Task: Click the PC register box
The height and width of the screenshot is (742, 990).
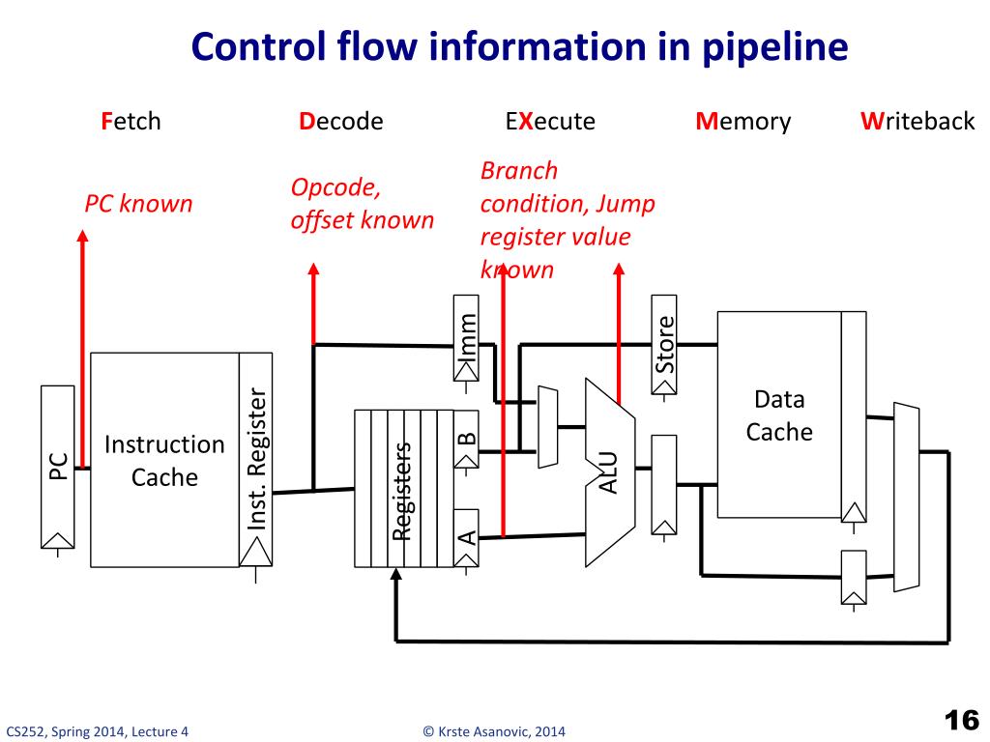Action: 57,467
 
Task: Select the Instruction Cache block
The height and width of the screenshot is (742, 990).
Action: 164,460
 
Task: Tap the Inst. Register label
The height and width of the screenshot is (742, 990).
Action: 256,459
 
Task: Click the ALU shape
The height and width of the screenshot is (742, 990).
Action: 609,471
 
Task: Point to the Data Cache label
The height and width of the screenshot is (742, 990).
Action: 779,415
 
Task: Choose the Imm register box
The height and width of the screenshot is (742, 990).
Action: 466,337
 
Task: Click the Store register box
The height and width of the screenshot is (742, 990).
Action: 663,345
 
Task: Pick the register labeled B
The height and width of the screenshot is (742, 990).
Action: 467,440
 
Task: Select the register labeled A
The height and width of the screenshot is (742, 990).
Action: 467,537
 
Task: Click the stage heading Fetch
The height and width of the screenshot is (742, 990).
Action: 131,121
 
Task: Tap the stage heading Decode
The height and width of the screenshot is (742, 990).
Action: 341,121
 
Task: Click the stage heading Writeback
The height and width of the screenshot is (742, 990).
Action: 917,121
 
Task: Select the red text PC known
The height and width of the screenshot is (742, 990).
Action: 138,204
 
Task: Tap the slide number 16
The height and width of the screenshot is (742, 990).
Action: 961,720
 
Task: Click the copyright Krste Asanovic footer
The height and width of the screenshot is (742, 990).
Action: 494,731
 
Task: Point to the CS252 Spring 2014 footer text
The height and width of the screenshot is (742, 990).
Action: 98,731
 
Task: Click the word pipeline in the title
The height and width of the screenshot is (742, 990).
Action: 775,47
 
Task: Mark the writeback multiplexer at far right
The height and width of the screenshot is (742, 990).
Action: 906,498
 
